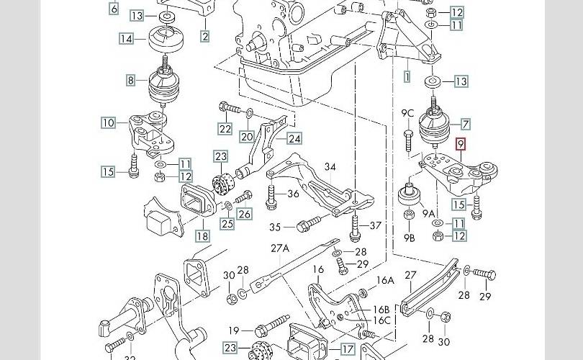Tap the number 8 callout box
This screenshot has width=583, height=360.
click(131, 81)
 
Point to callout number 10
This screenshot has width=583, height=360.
click(108, 123)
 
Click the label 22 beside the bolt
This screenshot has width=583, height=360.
click(225, 129)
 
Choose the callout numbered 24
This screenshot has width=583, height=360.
click(294, 138)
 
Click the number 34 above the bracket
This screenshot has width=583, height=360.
click(330, 167)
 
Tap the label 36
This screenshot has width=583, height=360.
click(293, 193)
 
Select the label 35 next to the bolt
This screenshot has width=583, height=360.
click(276, 227)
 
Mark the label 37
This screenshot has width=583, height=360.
click(375, 226)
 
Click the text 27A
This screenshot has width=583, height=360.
click(280, 248)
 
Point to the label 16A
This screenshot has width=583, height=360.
click(386, 280)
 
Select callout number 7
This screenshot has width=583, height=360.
click(466, 124)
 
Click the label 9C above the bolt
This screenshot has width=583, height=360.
click(407, 112)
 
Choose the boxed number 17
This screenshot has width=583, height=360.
click(348, 349)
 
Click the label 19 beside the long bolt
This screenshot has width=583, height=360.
click(233, 330)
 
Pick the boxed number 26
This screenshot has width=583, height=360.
click(244, 213)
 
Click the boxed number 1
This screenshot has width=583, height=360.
click(407, 75)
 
